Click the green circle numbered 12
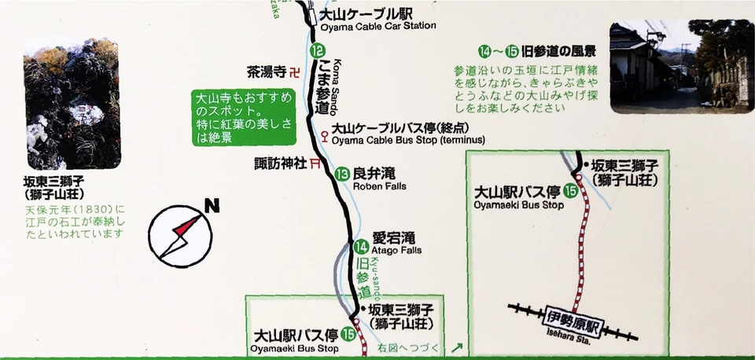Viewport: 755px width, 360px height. pyautogui.click(x=316, y=51)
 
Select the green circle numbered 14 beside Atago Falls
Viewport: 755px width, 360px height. pyautogui.click(x=360, y=244)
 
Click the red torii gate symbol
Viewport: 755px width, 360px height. pyautogui.click(x=315, y=163)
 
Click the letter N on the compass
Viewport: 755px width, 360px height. pyautogui.click(x=211, y=208)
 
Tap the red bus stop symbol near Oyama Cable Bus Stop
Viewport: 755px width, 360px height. pyautogui.click(x=324, y=134)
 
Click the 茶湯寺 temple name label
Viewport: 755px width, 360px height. pyautogui.click(x=264, y=72)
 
